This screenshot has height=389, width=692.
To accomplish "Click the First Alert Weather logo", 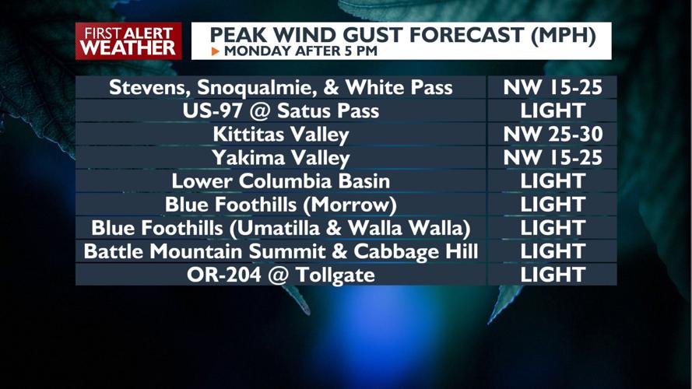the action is coord(128,40).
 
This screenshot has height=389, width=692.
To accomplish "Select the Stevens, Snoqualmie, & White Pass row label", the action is coord(281,87).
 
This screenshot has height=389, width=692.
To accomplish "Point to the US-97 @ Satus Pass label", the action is coord(281,110).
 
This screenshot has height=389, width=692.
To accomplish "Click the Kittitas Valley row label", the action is coord(281,134).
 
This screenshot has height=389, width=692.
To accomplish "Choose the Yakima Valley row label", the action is coord(281,158).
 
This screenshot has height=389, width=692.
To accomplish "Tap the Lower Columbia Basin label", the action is coord(281,181).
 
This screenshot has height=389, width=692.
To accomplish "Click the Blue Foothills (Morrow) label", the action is coord(281,205).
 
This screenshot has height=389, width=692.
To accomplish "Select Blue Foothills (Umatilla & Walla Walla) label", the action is coord(281,228).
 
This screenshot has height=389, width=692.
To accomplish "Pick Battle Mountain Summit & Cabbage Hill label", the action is coord(281,251).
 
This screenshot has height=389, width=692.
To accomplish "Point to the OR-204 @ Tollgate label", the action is coord(281,275).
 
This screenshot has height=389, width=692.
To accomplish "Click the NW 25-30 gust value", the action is coord(553,134).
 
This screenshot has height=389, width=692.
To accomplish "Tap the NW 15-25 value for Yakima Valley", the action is coord(553,158).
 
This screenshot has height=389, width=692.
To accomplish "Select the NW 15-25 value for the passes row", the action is coord(553,87).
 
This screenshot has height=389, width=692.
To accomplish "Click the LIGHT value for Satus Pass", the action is coord(553,110).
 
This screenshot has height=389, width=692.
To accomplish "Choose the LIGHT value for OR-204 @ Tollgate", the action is coord(553,275).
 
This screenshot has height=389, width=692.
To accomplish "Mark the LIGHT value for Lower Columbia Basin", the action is coord(553,181).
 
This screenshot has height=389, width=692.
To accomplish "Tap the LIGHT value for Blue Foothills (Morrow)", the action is coord(553,205).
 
